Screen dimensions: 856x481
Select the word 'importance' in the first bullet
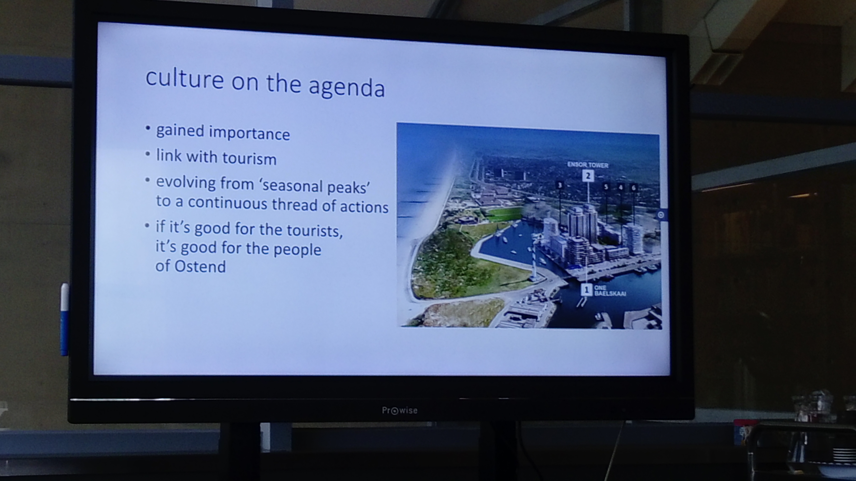(250, 133)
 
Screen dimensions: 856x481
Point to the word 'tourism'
(250, 158)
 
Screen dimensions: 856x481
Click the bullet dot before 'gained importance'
(148, 128)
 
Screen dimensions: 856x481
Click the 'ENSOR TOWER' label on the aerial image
(587, 165)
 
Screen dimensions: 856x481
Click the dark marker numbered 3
(560, 185)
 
